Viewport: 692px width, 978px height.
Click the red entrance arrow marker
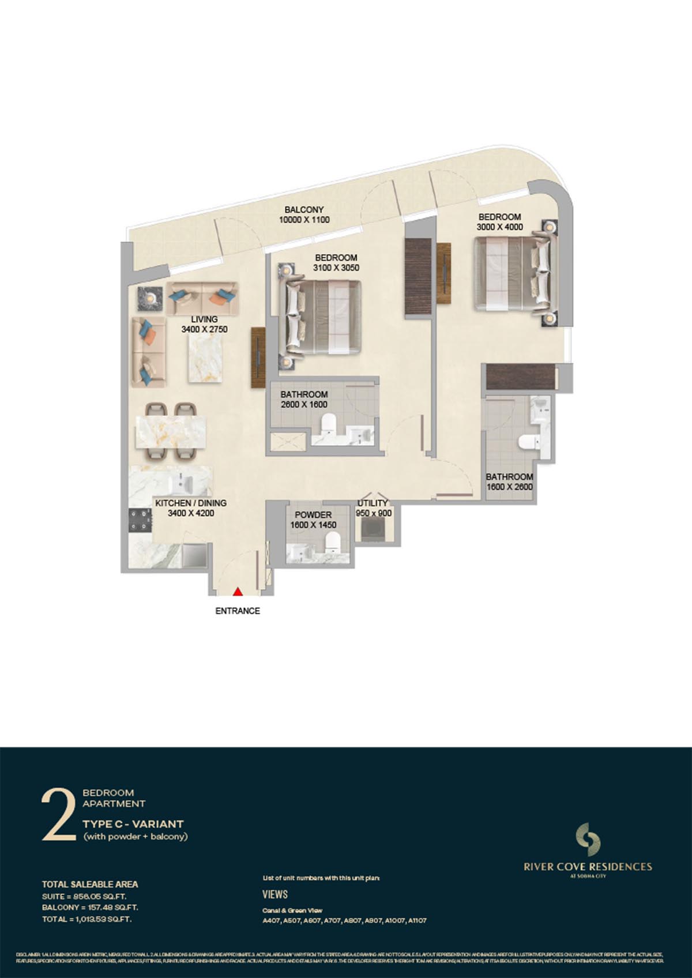[x=237, y=592]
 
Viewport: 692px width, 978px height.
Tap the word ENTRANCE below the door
[x=238, y=611]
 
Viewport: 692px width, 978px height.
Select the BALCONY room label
[x=304, y=210]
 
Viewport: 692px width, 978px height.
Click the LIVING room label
[x=204, y=319]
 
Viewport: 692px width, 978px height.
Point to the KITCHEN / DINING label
[x=191, y=503]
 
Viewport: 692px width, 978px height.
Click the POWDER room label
[x=313, y=514]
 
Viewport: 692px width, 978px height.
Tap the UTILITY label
[x=373, y=503]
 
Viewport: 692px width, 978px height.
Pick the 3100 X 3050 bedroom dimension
[x=336, y=268]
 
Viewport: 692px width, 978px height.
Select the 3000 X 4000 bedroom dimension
[x=499, y=227]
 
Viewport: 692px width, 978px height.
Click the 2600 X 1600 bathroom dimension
[x=304, y=404]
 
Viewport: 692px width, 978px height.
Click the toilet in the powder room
[x=333, y=542]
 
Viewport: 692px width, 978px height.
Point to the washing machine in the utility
[x=369, y=529]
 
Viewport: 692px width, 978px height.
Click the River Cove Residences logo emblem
[x=588, y=840]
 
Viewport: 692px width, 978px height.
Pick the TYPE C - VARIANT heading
[x=133, y=824]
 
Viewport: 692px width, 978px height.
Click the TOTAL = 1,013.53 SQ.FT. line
[x=86, y=919]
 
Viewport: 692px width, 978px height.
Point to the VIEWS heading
[x=275, y=894]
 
